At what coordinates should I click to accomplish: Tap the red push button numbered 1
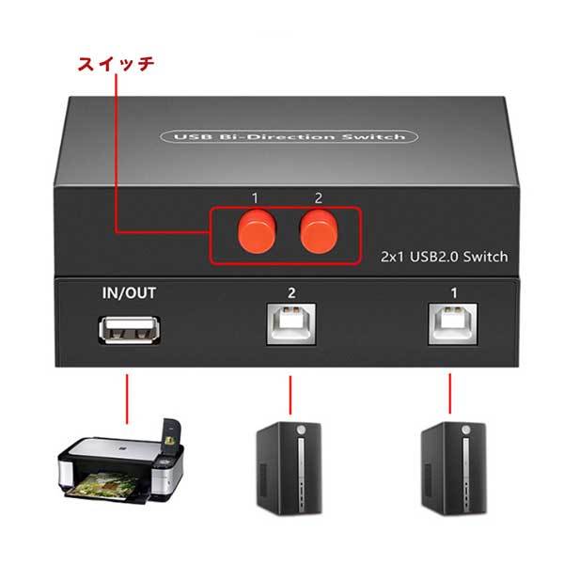coord(254,228)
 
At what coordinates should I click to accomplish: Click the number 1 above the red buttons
coord(254,197)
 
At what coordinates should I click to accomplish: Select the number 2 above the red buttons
coord(318,197)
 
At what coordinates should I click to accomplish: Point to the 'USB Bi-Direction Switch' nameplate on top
coord(290,137)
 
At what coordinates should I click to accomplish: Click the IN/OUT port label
coord(128,292)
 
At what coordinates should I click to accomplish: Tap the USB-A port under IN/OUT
coord(129,332)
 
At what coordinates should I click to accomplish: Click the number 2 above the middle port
coord(291,293)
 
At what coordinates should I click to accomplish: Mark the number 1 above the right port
coord(454,293)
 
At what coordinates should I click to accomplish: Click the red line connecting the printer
coord(126,394)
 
